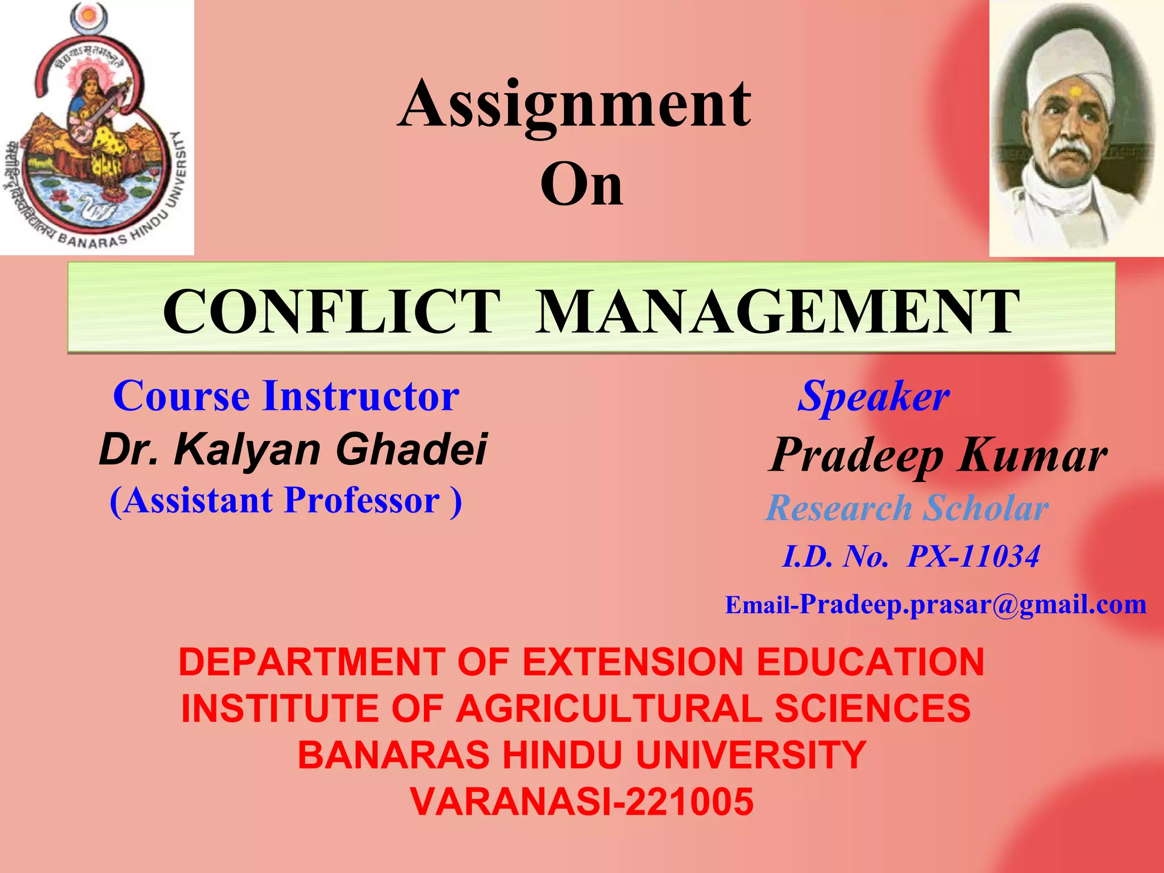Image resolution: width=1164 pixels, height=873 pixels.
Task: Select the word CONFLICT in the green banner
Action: (331, 311)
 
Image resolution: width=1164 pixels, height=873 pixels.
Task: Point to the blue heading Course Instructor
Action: (286, 396)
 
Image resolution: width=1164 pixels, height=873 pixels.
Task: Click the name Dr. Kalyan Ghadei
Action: (293, 449)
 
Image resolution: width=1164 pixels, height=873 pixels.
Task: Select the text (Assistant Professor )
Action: (286, 501)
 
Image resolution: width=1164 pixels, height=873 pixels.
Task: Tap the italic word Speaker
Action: (874, 396)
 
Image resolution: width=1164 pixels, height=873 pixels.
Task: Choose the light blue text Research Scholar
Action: (907, 508)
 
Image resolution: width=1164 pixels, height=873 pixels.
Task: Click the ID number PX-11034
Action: (974, 556)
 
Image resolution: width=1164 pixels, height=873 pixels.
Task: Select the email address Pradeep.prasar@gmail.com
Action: (972, 604)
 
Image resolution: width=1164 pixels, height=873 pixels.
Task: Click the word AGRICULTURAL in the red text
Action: (608, 709)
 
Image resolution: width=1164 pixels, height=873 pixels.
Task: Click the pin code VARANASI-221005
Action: (581, 801)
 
